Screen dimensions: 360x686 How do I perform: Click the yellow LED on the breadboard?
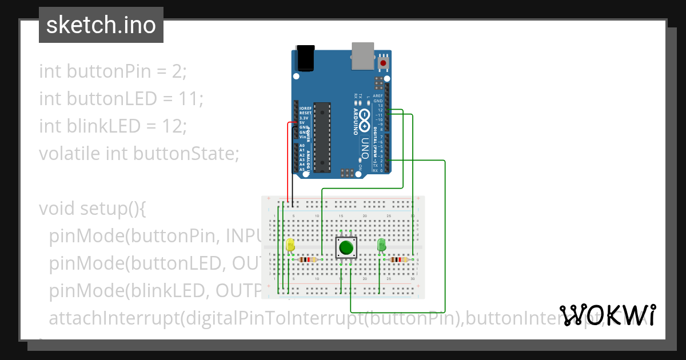[x=290, y=245]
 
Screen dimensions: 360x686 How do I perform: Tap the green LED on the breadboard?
[x=382, y=245]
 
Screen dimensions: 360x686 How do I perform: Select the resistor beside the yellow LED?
[x=308, y=259]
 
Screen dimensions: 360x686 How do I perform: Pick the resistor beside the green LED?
[x=398, y=259]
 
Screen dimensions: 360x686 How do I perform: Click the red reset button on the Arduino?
[x=383, y=61]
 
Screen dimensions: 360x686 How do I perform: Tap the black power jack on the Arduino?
[x=305, y=58]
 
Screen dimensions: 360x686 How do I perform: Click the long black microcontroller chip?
[x=323, y=137]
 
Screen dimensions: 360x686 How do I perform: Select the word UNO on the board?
[x=364, y=147]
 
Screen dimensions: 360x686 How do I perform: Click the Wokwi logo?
[x=608, y=315]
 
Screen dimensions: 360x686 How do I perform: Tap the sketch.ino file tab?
[x=101, y=25]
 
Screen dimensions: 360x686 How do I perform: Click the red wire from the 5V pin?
[x=288, y=160]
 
